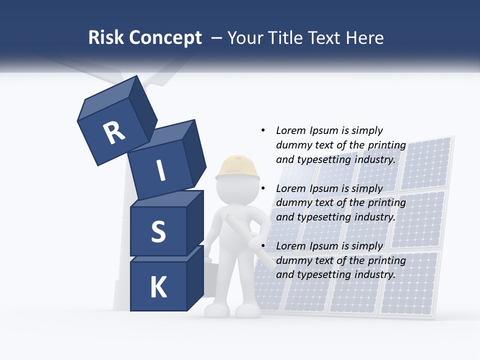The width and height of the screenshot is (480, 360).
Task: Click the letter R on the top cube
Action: [114, 133]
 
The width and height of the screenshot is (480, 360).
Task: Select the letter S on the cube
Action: [158, 231]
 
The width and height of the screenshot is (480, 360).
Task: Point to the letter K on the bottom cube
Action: [158, 287]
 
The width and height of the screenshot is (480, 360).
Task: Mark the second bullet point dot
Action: [263, 188]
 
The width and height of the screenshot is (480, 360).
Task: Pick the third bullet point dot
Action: [263, 246]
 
